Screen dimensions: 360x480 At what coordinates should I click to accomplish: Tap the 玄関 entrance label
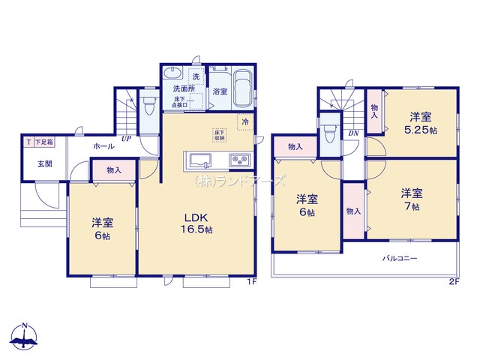tap(34, 163)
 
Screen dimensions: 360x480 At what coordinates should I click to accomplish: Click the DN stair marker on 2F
tap(352, 133)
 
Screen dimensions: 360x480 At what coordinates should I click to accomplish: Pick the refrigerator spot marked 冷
tap(245, 121)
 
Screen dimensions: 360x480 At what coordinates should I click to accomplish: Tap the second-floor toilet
tap(329, 133)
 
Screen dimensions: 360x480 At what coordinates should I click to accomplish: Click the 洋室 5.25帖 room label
tap(420, 123)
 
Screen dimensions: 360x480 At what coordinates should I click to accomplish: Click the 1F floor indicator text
tap(253, 282)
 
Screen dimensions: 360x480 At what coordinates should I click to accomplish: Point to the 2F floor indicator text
tap(453, 282)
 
